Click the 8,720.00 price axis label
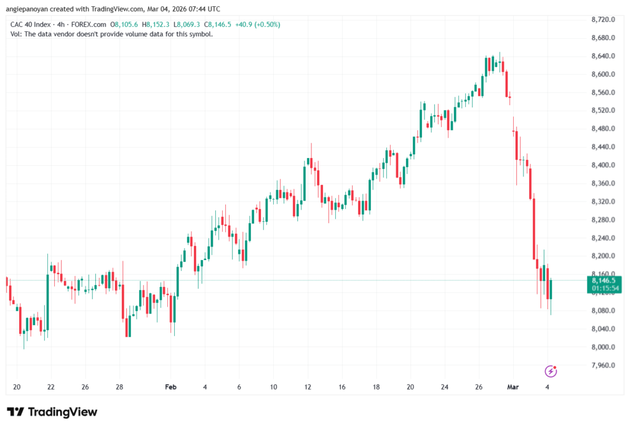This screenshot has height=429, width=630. tap(604, 20)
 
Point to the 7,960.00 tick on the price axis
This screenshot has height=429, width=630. tap(604, 365)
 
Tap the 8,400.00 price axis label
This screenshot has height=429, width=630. tap(604, 165)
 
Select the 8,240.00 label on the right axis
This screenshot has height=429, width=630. tap(604, 238)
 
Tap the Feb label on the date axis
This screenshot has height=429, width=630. tap(170, 387)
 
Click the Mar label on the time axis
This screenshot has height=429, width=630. tap(512, 387)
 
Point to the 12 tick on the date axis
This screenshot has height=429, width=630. tap(308, 387)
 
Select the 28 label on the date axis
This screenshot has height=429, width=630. tap(120, 387)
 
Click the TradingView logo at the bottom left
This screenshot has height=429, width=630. tap(52, 412)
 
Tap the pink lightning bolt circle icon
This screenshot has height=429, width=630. tap(551, 371)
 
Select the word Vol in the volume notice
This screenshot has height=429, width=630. tap(16, 34)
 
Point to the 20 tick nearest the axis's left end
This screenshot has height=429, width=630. tap(17, 387)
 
